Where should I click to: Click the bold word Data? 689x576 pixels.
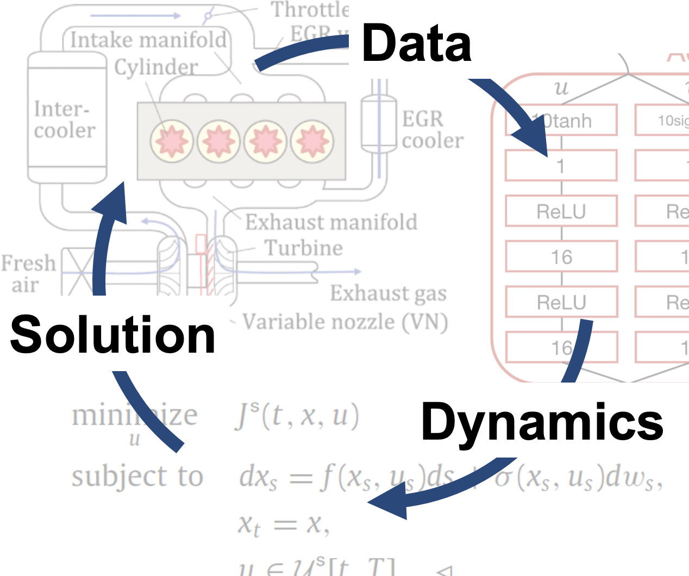pos(416,43)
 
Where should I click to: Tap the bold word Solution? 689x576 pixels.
pos(113,335)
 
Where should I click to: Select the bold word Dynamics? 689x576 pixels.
pos(542,422)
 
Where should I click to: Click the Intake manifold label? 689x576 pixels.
pos(148,40)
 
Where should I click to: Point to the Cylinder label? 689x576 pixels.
pos(156,67)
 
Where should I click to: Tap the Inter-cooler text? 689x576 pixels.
pos(65,120)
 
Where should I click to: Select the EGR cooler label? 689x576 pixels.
pos(433,129)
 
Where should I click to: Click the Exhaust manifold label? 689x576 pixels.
pos(331,222)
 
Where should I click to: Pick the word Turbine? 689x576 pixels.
pos(304,248)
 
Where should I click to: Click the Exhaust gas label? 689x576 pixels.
pos(388,293)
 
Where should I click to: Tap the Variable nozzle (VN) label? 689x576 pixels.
pos(345,322)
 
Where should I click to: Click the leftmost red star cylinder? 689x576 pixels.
pos(172,141)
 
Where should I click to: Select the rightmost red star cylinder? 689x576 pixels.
pos(312,141)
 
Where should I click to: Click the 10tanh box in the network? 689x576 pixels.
pos(561,120)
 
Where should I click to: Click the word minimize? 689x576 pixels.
pos(135,416)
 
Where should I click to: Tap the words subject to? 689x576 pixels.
pos(137,476)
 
